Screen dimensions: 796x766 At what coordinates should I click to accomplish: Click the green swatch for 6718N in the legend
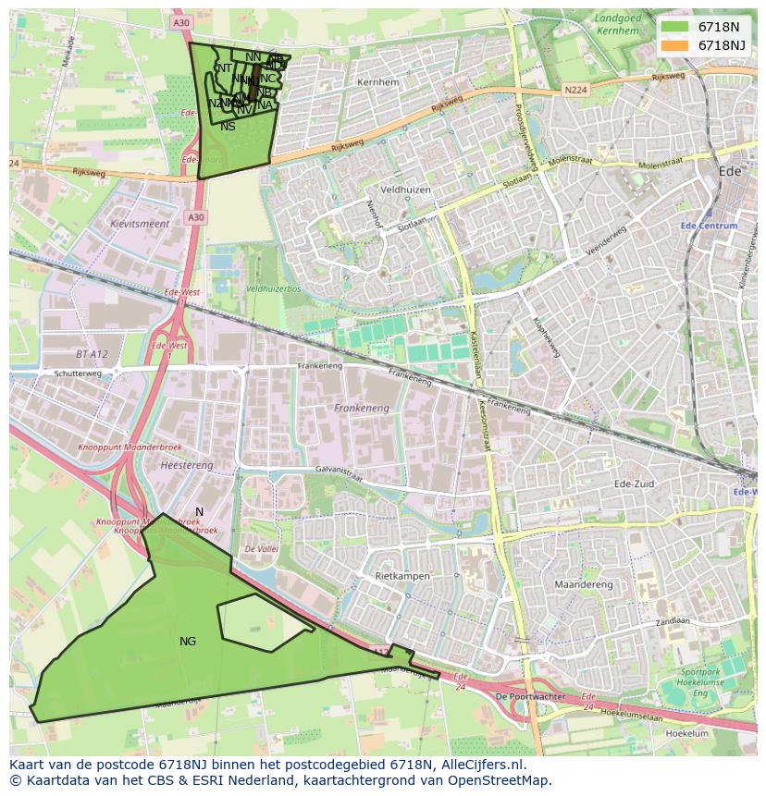point(675,26)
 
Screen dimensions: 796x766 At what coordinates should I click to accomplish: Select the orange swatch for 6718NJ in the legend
point(675,45)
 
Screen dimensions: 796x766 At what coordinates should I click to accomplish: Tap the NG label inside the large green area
point(188,641)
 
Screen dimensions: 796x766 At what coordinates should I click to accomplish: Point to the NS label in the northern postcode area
point(228,127)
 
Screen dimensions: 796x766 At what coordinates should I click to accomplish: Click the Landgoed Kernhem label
point(617,24)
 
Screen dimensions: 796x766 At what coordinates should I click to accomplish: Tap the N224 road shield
point(575,90)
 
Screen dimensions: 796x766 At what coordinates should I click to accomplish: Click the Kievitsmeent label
point(140,224)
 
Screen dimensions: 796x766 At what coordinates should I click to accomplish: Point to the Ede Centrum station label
point(709,226)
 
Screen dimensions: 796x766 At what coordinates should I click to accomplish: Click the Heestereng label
point(187,465)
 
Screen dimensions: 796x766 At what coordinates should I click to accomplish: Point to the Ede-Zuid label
point(635,484)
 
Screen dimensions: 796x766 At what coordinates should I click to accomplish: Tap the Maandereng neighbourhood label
point(583,584)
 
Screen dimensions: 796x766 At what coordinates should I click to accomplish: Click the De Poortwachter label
point(530,696)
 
